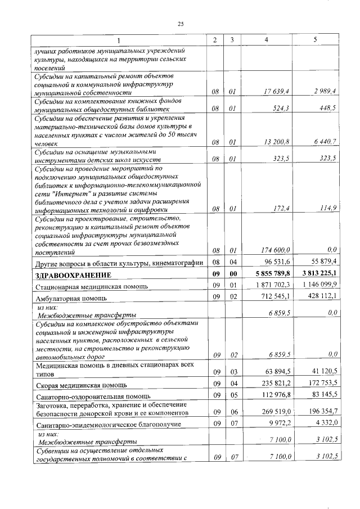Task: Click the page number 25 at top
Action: (181, 24)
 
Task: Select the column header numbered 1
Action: (118, 40)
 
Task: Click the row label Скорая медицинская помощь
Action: (82, 385)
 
